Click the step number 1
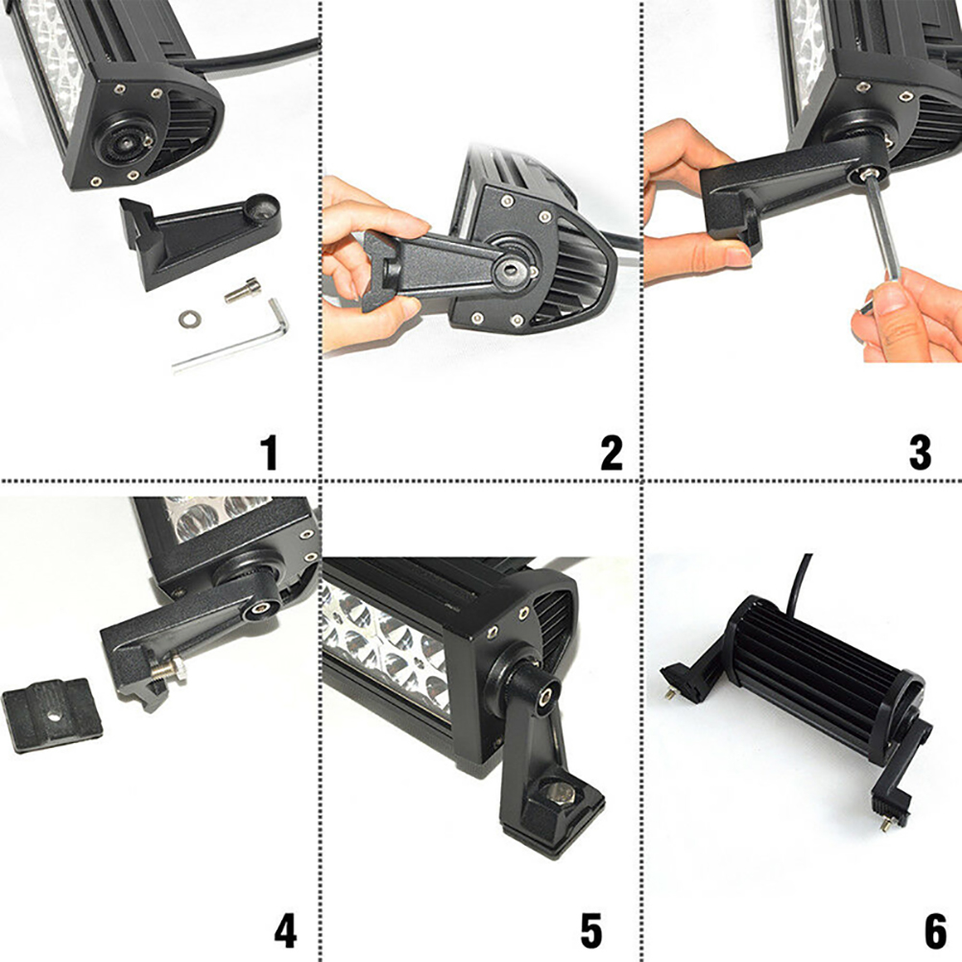click(269, 453)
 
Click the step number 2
click(612, 453)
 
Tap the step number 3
click(920, 453)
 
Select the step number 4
click(285, 930)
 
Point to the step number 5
click(591, 930)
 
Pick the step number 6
click(936, 930)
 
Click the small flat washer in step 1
click(189, 319)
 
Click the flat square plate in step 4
click(52, 714)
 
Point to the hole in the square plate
click(54, 715)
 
